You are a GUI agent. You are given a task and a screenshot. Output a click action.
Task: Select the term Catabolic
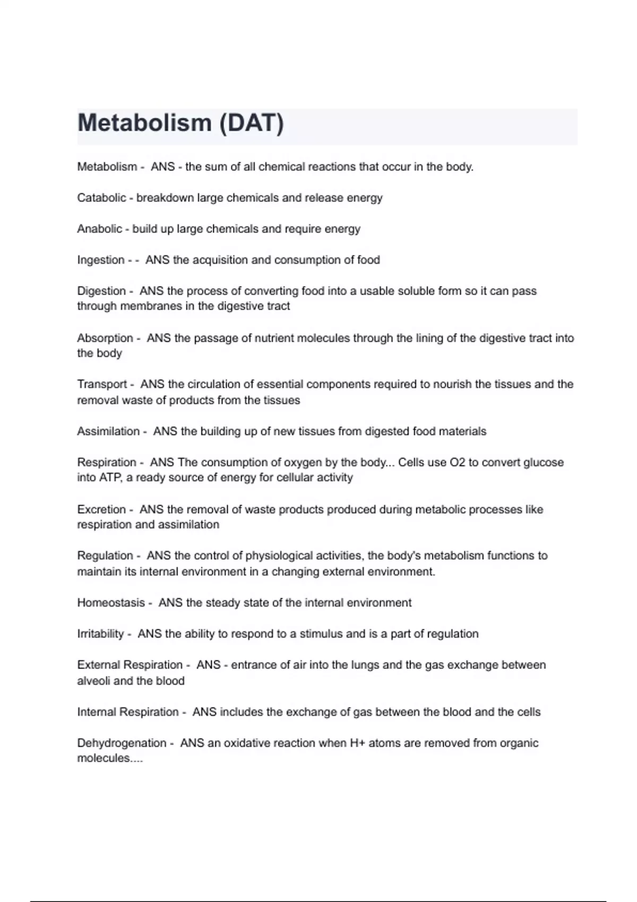(x=101, y=198)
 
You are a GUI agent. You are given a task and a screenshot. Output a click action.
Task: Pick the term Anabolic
(x=99, y=229)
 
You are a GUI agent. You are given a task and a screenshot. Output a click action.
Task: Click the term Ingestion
(x=101, y=260)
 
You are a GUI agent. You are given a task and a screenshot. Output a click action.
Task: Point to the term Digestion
(x=101, y=291)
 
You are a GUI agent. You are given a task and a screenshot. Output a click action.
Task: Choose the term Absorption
(x=105, y=338)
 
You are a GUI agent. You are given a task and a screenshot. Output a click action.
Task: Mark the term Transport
(x=102, y=384)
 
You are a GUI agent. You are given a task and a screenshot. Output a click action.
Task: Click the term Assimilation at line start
(x=108, y=431)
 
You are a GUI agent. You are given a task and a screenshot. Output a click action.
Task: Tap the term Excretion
(x=101, y=509)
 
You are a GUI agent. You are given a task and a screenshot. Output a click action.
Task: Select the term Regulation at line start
(x=105, y=556)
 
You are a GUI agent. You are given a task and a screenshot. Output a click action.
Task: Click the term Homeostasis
(x=111, y=603)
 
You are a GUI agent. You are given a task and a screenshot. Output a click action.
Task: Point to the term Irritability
(x=100, y=634)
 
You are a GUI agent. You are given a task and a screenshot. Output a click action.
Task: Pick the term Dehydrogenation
(x=122, y=743)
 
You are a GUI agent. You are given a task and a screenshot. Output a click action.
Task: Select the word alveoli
(x=93, y=681)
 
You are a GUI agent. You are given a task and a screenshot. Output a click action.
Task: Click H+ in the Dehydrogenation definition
(x=357, y=743)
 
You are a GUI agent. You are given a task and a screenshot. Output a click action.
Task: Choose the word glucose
(x=544, y=462)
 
